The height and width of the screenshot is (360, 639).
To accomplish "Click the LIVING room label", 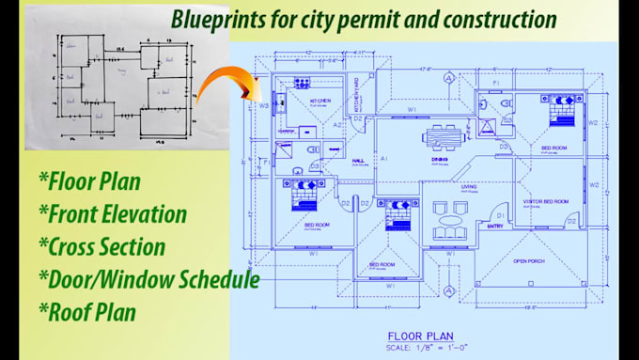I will point(468,187).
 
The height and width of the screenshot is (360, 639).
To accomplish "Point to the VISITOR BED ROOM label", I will point(546,201).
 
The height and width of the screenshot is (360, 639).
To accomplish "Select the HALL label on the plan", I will point(358,160).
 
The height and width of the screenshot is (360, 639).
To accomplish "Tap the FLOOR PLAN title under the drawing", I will point(421,335).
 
